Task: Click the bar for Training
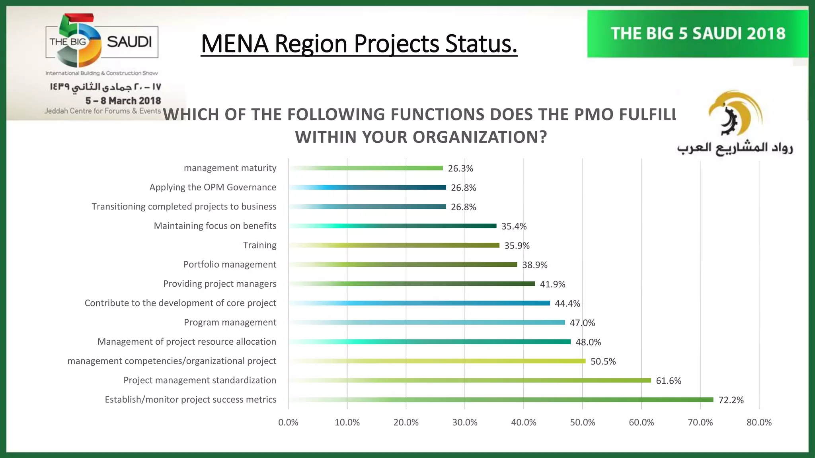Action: tap(394, 245)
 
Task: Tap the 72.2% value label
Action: tap(731, 400)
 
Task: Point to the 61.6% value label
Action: tap(668, 381)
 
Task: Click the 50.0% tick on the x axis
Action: tap(582, 423)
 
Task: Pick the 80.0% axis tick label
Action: tap(758, 423)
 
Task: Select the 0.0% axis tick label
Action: tap(288, 423)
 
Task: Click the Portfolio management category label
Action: tap(230, 264)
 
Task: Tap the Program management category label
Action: tap(230, 322)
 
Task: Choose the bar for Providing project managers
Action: tap(412, 284)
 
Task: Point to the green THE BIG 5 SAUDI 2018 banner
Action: tap(697, 34)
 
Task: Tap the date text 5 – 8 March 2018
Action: tap(123, 101)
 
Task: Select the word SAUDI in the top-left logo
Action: tap(129, 42)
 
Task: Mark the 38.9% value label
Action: tap(534, 265)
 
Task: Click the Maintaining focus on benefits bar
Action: tap(393, 226)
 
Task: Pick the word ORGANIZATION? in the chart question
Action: tap(480, 137)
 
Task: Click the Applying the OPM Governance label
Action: tap(213, 187)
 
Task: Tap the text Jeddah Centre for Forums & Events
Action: tap(103, 111)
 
